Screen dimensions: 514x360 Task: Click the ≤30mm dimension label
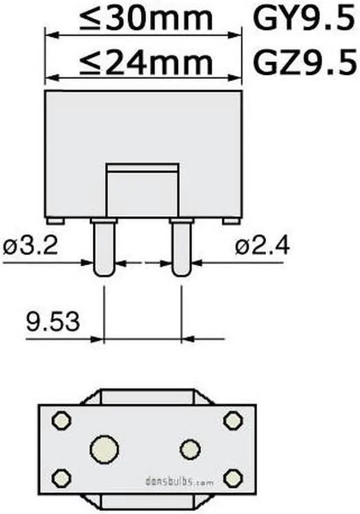point(146,19)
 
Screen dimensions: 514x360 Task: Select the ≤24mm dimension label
point(146,64)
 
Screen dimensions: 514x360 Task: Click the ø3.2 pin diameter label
point(30,246)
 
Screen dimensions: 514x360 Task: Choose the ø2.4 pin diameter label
point(262,246)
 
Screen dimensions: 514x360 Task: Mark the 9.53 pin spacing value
point(52,323)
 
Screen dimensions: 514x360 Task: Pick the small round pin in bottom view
point(190,449)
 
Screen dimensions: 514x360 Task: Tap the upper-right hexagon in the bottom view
point(232,420)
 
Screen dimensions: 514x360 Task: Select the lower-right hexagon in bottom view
point(232,478)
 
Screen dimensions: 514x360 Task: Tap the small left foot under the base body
point(55,221)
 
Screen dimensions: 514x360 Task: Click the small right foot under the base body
point(231,221)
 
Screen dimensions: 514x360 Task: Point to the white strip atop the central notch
point(143,167)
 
